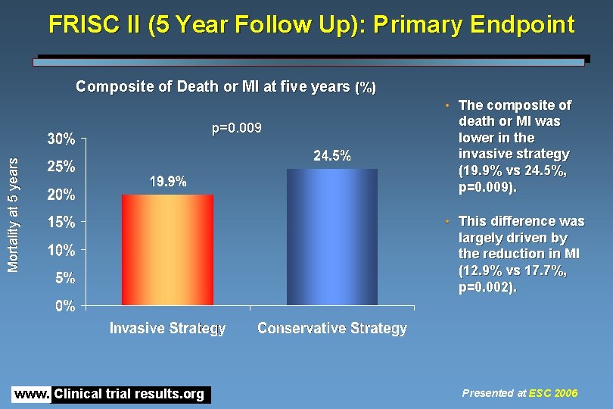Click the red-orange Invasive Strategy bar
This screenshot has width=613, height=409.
168,250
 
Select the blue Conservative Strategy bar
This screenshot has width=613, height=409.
332,237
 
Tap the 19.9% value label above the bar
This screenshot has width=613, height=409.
168,182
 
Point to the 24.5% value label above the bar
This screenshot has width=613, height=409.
332,156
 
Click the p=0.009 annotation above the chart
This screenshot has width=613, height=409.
237,129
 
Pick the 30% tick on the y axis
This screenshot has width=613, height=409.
61,139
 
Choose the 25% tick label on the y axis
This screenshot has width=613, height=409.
61,167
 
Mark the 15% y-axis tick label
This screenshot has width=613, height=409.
61,223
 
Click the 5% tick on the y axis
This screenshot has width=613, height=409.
65,278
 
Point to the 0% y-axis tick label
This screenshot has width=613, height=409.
65,306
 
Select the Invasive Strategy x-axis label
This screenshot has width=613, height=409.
168,328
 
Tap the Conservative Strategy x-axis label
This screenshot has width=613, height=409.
332,328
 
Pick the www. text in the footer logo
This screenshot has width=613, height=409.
31,394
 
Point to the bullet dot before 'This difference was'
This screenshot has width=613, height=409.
448,220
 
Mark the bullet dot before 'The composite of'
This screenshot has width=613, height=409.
448,105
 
